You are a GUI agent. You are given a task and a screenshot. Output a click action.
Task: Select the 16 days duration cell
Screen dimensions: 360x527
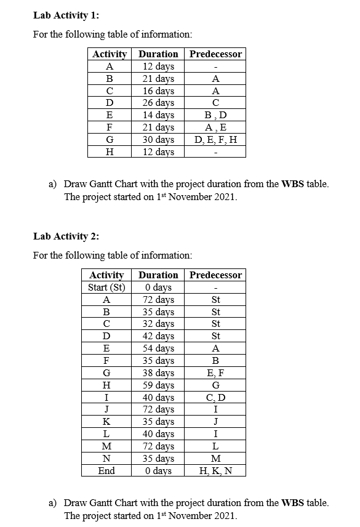pyautogui.click(x=158, y=91)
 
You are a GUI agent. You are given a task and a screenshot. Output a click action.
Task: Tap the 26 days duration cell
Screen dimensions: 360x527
pyautogui.click(x=158, y=103)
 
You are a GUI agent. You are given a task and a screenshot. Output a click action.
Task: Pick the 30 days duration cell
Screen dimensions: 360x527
pyautogui.click(x=158, y=140)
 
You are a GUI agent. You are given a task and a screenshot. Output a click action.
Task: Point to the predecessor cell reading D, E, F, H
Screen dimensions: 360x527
pyautogui.click(x=215, y=140)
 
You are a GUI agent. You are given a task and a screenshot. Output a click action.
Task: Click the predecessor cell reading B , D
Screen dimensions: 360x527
pyautogui.click(x=215, y=115)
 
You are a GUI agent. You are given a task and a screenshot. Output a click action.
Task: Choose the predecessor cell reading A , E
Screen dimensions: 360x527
pyautogui.click(x=215, y=127)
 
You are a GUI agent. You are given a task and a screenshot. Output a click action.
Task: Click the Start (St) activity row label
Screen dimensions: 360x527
pyautogui.click(x=106, y=288)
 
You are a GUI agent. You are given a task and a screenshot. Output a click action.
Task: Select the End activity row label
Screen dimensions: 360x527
pyautogui.click(x=106, y=471)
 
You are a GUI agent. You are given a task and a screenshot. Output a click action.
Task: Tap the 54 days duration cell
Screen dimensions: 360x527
pyautogui.click(x=158, y=348)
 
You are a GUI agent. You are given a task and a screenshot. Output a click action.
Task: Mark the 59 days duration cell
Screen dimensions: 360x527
pyautogui.click(x=158, y=385)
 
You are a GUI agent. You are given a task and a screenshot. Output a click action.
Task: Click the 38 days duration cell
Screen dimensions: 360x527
pyautogui.click(x=158, y=373)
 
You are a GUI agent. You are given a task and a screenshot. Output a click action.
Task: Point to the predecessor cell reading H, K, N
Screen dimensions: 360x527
pyautogui.click(x=215, y=471)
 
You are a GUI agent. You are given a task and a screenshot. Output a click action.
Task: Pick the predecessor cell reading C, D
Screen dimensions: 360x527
pyautogui.click(x=215, y=398)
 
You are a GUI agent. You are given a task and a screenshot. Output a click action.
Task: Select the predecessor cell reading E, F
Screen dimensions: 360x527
pyautogui.click(x=215, y=373)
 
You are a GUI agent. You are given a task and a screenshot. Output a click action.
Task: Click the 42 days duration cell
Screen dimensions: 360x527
pyautogui.click(x=158, y=336)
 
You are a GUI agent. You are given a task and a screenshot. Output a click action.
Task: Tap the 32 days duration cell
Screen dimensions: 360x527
pyautogui.click(x=158, y=324)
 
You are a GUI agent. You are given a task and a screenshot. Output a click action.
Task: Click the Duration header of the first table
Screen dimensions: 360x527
pyautogui.click(x=158, y=54)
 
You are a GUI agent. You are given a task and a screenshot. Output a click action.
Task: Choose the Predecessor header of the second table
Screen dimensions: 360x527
pyautogui.click(x=215, y=275)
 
